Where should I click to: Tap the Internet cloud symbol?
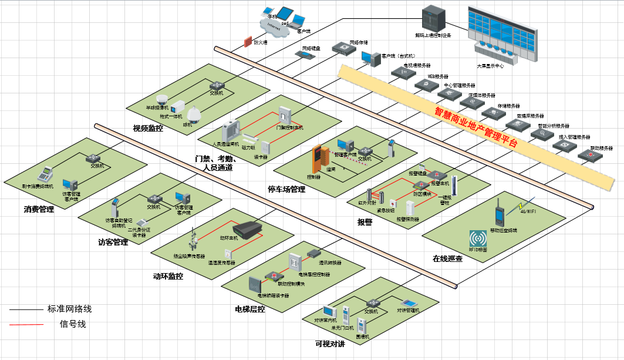tap(273, 28)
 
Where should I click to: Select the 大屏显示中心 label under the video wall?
tap(490, 66)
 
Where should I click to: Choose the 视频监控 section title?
tap(148, 128)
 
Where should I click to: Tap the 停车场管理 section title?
tap(286, 189)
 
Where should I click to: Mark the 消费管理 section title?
tap(39, 209)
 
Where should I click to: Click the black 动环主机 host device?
tap(249, 230)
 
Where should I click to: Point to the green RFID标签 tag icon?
tap(478, 238)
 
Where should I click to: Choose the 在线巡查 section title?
tap(448, 258)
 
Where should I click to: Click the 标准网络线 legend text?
tap(69, 309)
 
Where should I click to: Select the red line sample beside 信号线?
tap(26, 324)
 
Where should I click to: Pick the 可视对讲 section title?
tap(330, 344)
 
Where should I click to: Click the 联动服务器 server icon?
tap(587, 155)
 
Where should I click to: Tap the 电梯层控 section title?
tap(250, 309)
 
